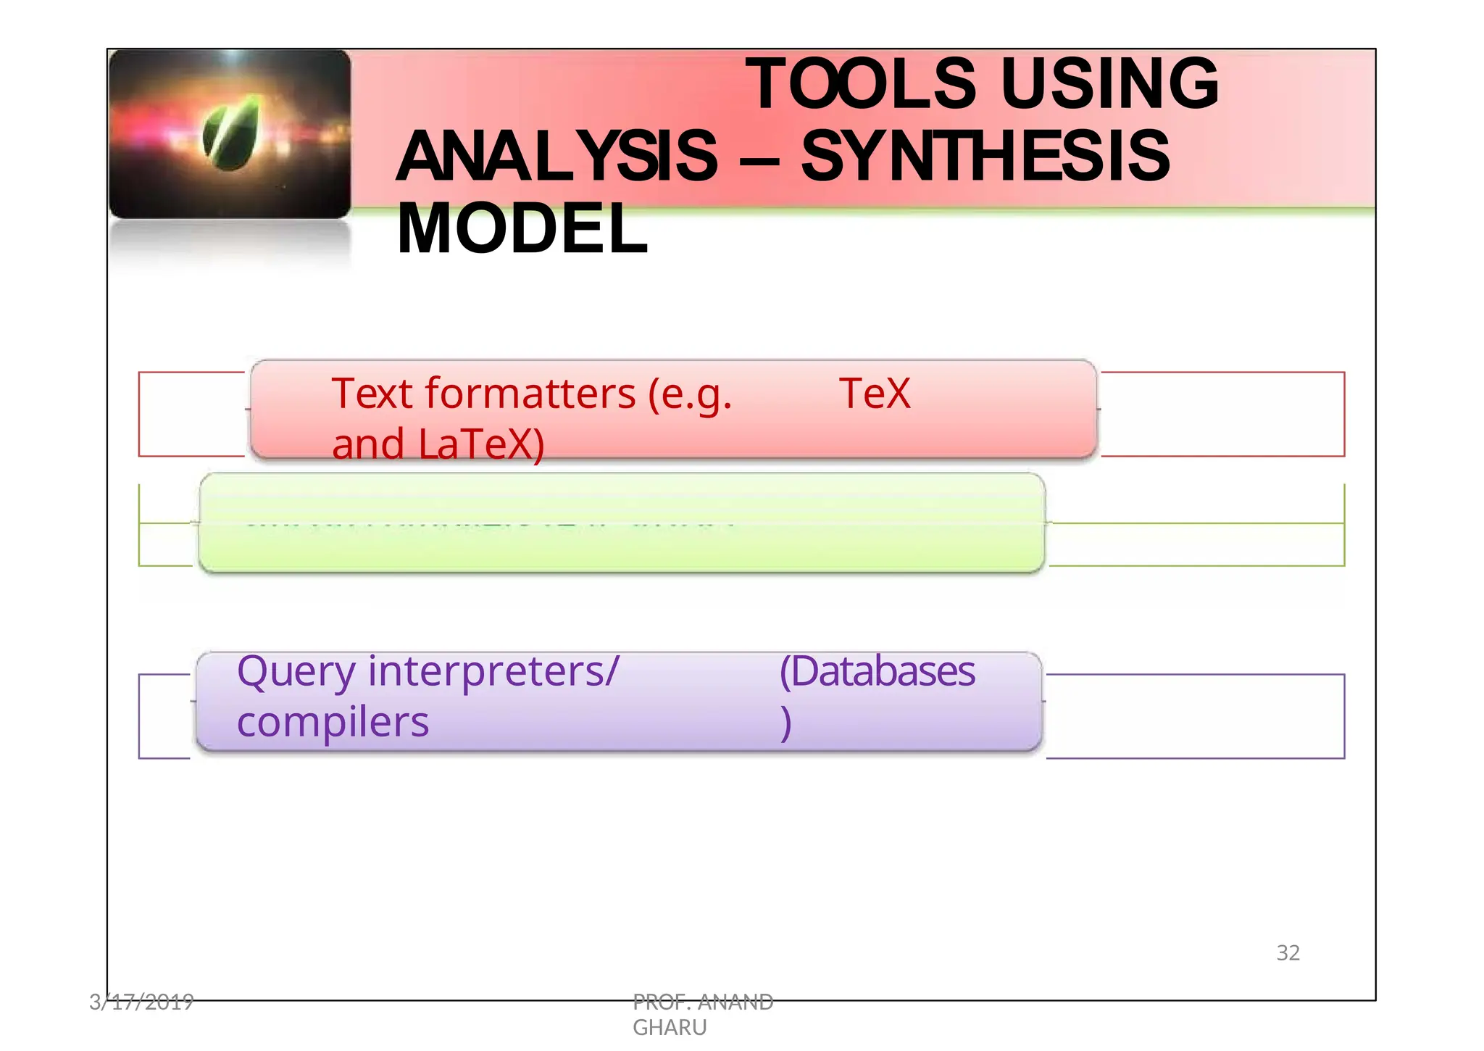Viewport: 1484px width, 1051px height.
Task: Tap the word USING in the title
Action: [x=1109, y=85]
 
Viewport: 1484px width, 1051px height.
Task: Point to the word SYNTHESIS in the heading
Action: [x=985, y=157]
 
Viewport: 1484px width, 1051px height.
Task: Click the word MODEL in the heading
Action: [x=522, y=229]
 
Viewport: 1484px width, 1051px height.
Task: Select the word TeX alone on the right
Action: [x=874, y=394]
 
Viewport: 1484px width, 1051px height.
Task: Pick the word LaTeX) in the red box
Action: [x=481, y=444]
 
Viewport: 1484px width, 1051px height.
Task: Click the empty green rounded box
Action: [x=622, y=523]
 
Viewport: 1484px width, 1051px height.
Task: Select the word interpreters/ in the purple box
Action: [x=494, y=673]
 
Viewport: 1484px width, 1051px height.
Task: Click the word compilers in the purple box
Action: [x=333, y=723]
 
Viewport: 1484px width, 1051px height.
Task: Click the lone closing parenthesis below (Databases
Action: [x=785, y=723]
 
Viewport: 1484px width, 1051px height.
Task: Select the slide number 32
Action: [x=1288, y=952]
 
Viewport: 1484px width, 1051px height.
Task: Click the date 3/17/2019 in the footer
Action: [x=141, y=1002]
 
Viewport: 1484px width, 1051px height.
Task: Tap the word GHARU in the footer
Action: [x=670, y=1027]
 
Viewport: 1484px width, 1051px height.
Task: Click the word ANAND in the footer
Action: [x=735, y=1002]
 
